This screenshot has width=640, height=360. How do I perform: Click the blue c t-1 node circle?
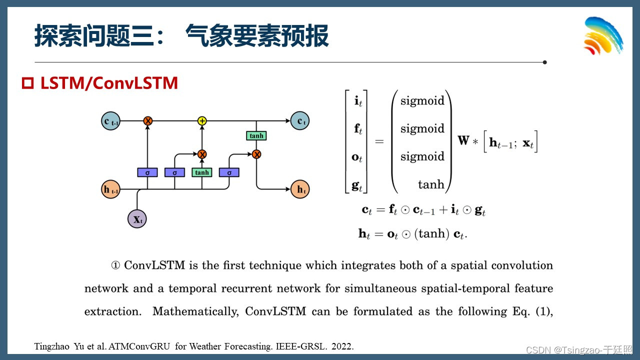[110, 121]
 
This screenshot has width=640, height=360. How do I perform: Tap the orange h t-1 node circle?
[110, 189]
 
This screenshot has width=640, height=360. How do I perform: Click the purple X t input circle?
[137, 219]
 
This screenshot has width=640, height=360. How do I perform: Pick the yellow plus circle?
[202, 121]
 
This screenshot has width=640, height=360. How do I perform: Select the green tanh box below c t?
[256, 135]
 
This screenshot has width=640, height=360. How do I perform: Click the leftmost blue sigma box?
[147, 172]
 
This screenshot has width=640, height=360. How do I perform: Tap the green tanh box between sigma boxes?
[202, 172]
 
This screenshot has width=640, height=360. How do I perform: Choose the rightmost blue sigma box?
[229, 172]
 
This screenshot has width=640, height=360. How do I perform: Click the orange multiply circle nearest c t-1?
[147, 121]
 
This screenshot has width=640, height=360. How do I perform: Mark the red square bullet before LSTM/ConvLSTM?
[28, 83]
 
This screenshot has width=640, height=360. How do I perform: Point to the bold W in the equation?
[463, 140]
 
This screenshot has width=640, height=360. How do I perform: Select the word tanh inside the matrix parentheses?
[431, 185]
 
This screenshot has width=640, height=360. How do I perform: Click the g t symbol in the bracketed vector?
[357, 185]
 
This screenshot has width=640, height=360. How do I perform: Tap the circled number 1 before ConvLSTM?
[115, 265]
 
